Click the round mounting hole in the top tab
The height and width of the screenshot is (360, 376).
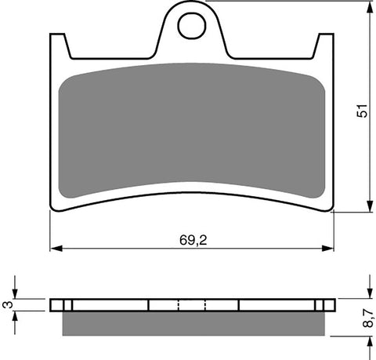pyautogui.click(x=191, y=26)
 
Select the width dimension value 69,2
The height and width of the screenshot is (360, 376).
pyautogui.click(x=191, y=238)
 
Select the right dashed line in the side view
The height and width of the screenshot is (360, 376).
pyautogui.click(x=205, y=305)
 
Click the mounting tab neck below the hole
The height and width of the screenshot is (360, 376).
pyautogui.click(x=191, y=49)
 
